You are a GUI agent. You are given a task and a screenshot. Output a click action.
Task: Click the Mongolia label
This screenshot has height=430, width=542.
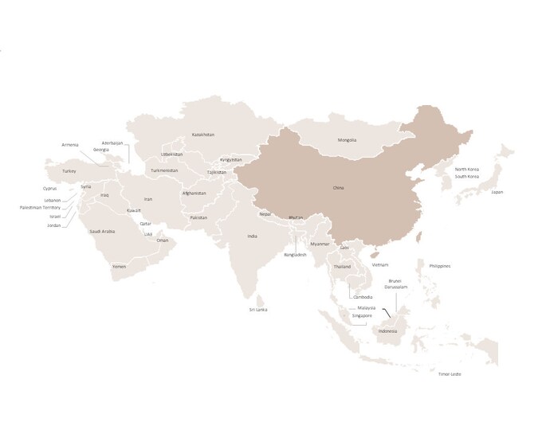tap(347, 140)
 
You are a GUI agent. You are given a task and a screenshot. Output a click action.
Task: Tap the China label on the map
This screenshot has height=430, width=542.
tap(338, 188)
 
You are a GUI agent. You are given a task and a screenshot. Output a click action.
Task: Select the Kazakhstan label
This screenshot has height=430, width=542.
tap(203, 135)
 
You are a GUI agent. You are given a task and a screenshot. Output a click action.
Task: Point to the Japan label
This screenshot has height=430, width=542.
tap(497, 192)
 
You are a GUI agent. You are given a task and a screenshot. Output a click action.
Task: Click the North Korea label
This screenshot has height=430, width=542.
tap(467, 170)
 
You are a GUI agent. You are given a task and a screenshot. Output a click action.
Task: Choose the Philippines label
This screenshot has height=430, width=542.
tap(440, 266)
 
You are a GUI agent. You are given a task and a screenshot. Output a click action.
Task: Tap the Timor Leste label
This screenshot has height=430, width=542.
tap(450, 374)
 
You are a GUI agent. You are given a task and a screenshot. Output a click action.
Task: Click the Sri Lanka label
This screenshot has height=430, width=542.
tap(257, 310)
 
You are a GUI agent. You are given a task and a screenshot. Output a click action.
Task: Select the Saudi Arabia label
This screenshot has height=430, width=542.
tap(102, 231)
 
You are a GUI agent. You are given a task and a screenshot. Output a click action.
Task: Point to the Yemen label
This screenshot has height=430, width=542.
tap(119, 266)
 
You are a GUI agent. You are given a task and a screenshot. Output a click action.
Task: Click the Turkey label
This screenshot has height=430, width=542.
tap(69, 170)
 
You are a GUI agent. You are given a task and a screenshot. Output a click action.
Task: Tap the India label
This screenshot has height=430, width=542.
tap(252, 236)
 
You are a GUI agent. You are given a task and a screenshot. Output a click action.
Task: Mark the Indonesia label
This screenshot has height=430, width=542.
tap(387, 330)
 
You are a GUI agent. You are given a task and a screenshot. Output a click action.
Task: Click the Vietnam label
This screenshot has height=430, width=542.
tap(380, 264)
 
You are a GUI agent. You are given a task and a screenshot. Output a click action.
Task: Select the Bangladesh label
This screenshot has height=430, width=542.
tap(295, 255)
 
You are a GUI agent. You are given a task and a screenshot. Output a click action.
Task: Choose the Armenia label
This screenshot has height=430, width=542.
tap(70, 145)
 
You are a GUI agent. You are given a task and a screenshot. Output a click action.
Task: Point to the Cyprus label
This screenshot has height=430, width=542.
tap(49, 189)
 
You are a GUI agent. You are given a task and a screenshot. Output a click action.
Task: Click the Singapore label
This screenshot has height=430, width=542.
tap(361, 315)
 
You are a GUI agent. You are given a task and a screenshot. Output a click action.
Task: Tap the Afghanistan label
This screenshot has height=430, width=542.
tap(194, 193)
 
